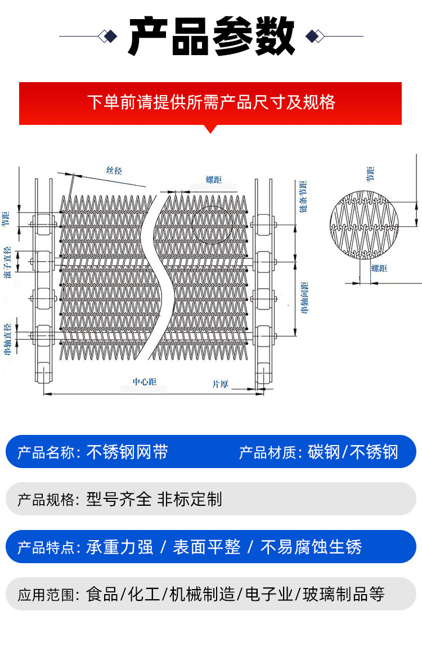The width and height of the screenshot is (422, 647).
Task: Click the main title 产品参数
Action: [211, 37]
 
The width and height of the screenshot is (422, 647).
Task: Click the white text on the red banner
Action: [211, 102]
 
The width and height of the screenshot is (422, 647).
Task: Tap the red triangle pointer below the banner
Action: [210, 129]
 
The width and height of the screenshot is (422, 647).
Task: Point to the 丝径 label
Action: [114, 170]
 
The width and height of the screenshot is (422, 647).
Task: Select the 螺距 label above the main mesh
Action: [214, 180]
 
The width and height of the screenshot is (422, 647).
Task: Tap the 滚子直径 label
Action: [7, 262]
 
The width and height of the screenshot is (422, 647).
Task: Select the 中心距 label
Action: [145, 382]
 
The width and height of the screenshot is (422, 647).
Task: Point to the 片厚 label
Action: [220, 385]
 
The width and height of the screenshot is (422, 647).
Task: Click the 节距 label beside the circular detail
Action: [370, 174]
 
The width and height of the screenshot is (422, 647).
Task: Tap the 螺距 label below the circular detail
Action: [379, 269]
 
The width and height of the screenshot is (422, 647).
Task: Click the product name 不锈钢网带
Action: [127, 452]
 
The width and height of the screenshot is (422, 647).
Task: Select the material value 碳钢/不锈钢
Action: [353, 452]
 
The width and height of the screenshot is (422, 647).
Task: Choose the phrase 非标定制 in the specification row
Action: [190, 499]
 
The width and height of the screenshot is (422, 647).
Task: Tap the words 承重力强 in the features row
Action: [120, 547]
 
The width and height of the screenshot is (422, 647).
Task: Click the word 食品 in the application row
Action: [102, 594]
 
